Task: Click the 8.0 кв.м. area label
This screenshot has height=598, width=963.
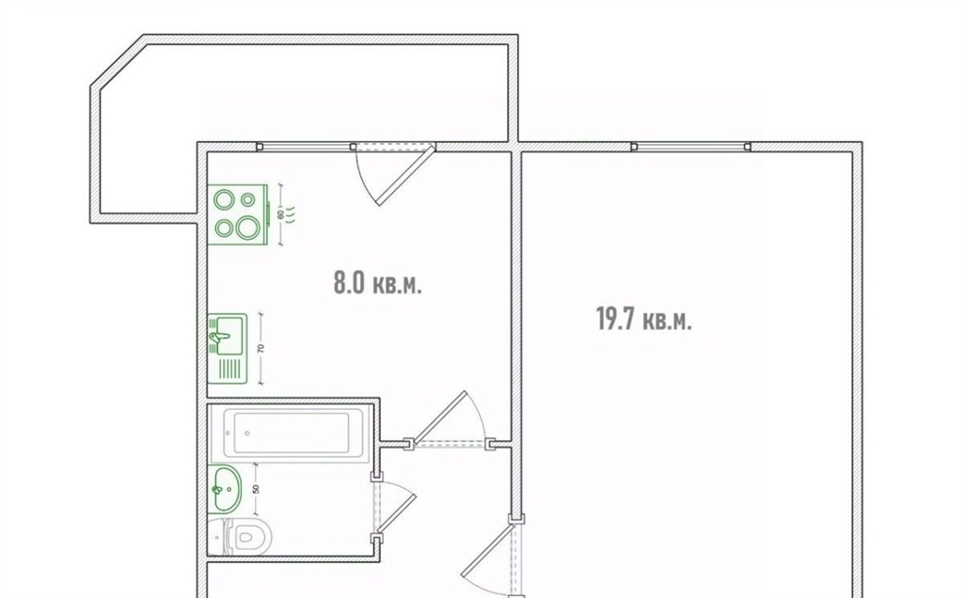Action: point(377,283)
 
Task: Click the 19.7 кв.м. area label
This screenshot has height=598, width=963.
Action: point(643,320)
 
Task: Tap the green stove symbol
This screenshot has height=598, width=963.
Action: point(238,213)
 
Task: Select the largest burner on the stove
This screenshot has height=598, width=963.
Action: point(248,227)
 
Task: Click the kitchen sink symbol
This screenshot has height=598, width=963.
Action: point(228,349)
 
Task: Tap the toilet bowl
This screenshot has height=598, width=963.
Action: point(241,536)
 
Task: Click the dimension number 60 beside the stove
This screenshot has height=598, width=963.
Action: point(280,214)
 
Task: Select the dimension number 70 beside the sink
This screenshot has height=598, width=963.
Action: point(261,348)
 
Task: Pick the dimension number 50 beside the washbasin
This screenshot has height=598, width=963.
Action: point(256,489)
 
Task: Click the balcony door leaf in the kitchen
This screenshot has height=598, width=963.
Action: point(406,175)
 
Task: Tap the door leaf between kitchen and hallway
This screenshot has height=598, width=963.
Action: point(440,417)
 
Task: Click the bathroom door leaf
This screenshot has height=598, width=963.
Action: point(396,512)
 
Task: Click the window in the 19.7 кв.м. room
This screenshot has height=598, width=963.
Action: point(691,147)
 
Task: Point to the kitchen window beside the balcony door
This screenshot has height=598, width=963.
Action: point(306,147)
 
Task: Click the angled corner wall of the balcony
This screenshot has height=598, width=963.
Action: point(118,61)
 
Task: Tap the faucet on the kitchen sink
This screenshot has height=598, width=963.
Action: point(219,337)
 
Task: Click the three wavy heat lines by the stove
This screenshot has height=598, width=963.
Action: point(292,214)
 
